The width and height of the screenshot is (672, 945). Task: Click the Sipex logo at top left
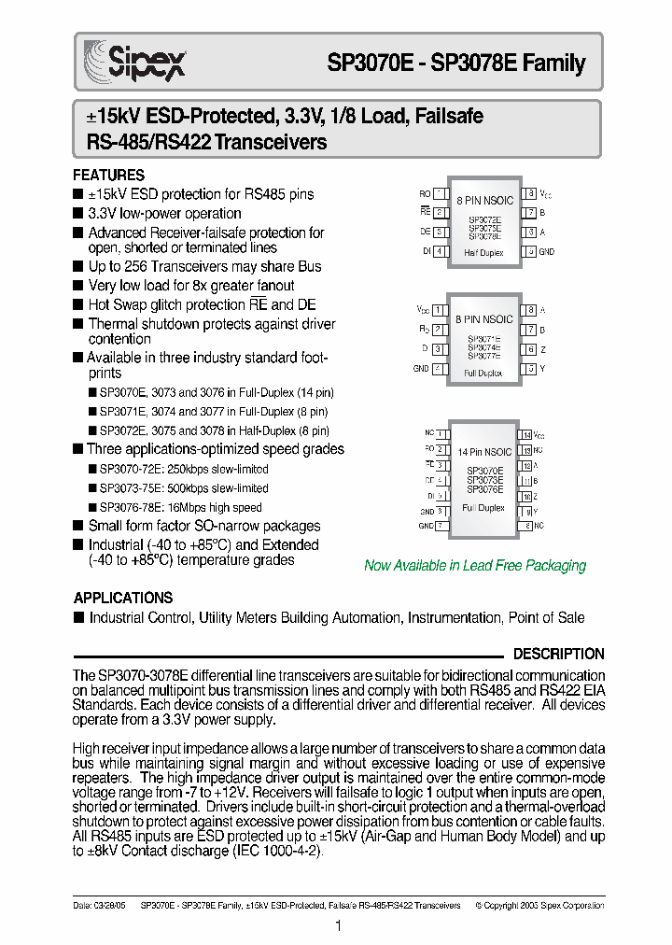click(134, 63)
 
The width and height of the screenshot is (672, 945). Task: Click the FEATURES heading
click(108, 176)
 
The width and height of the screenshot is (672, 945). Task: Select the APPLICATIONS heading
click(122, 598)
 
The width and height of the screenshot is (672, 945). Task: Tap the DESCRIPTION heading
click(559, 654)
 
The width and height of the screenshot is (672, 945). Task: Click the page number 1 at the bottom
click(337, 925)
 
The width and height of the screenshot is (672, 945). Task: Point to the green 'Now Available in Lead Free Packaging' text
click(474, 565)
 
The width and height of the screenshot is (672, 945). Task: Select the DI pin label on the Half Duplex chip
click(426, 251)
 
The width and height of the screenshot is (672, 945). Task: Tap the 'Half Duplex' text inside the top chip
click(484, 252)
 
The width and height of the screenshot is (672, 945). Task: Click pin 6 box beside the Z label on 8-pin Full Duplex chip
click(529, 349)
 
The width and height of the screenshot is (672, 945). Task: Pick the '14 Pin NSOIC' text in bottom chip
click(484, 451)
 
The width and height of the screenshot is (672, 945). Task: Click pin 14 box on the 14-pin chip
click(527, 435)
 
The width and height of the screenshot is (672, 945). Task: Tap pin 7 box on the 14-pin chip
click(440, 527)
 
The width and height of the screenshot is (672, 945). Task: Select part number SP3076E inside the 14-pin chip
click(484, 488)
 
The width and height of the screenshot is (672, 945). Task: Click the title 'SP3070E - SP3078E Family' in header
click(455, 63)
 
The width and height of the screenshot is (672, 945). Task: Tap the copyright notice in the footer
click(539, 905)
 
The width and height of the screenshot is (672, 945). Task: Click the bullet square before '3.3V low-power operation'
click(78, 214)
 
